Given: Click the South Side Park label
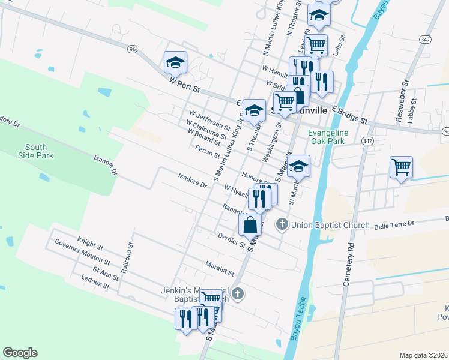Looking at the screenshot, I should click(40, 151).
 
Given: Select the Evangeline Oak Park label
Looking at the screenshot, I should click(326, 137).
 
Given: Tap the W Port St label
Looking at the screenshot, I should click(192, 88).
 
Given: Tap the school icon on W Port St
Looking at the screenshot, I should click(175, 62).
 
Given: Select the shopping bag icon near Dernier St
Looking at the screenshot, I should click(250, 225).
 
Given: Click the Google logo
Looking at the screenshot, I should click(20, 353).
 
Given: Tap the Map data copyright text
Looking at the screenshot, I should click(423, 355).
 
